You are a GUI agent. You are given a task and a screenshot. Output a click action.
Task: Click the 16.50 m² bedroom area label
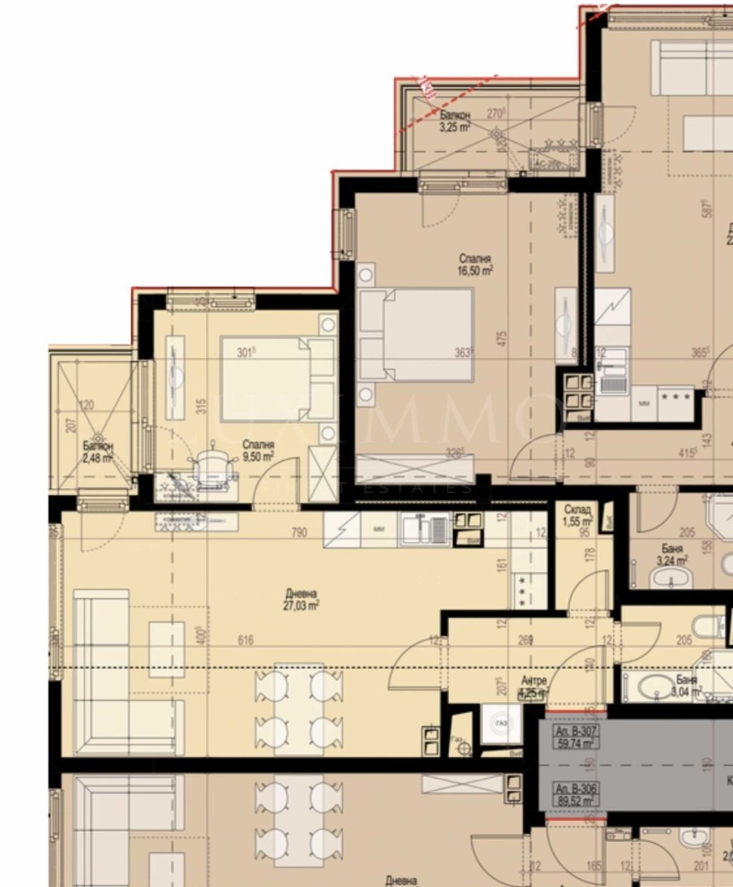(x=476, y=265)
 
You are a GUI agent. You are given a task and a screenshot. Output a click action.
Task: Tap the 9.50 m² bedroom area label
(x=257, y=450)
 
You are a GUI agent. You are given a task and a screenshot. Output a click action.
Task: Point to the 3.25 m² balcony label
(x=454, y=122)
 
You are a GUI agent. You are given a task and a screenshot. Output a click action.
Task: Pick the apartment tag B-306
(x=574, y=794)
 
